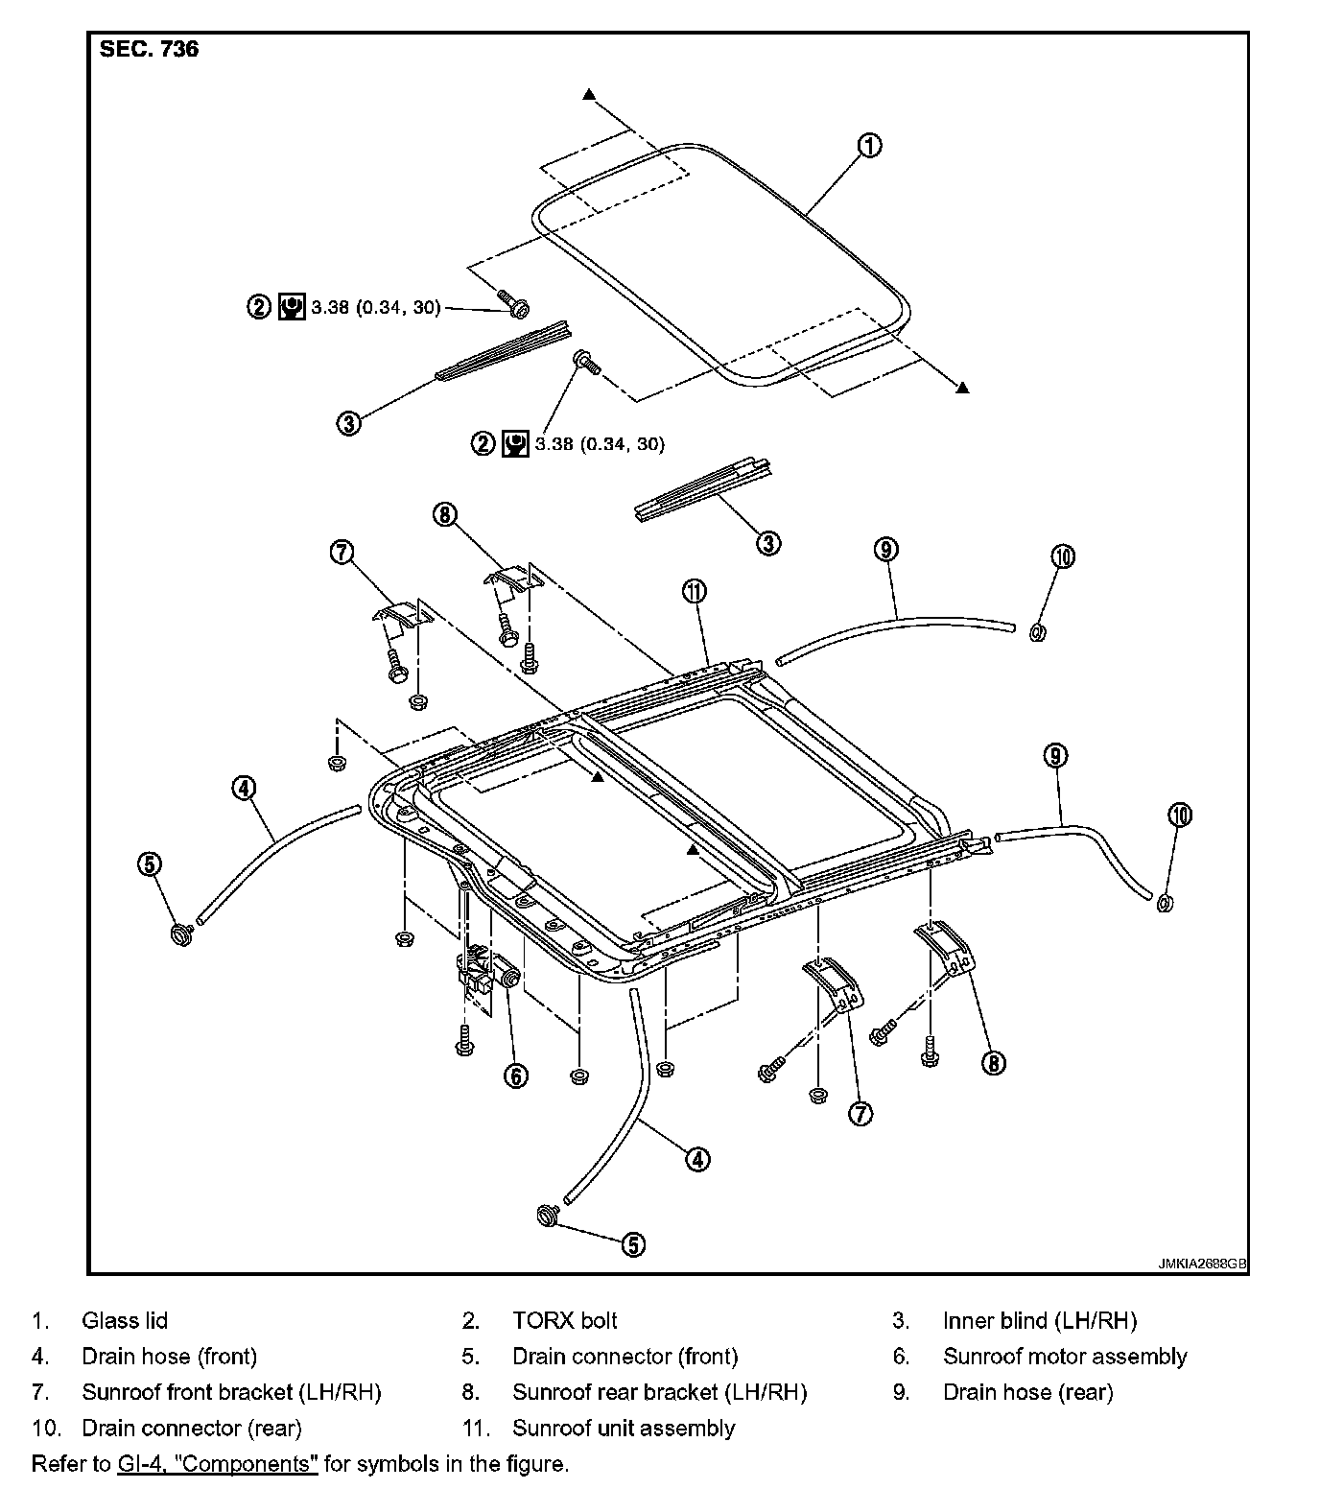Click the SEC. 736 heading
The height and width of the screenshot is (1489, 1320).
coord(149,50)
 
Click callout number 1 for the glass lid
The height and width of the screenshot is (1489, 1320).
coord(869,146)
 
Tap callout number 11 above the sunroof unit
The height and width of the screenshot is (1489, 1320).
coord(695,591)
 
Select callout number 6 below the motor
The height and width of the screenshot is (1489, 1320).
coord(516,1075)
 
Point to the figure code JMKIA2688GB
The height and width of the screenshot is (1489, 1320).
coord(1201,1264)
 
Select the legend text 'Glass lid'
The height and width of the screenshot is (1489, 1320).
coord(125,1321)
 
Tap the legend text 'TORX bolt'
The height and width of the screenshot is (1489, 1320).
coord(564,1321)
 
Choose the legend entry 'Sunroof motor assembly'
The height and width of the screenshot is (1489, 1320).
coord(1065,1357)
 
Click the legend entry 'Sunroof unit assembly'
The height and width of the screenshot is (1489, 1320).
coord(624,1429)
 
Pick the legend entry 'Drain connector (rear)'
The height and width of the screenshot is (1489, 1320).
coord(192,1429)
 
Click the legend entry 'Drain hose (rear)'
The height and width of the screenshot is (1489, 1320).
coord(1027,1392)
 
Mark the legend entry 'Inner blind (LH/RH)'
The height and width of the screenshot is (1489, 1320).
coord(1040,1321)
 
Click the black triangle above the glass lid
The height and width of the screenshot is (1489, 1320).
coord(589,94)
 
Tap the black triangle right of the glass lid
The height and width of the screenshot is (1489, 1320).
coord(962,387)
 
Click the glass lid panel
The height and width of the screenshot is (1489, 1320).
coord(719,269)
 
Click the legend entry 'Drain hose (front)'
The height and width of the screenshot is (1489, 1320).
coord(170,1357)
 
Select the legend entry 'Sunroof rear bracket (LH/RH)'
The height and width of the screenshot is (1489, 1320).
coord(659,1392)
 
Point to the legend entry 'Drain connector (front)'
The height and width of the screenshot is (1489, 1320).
coord(625,1357)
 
